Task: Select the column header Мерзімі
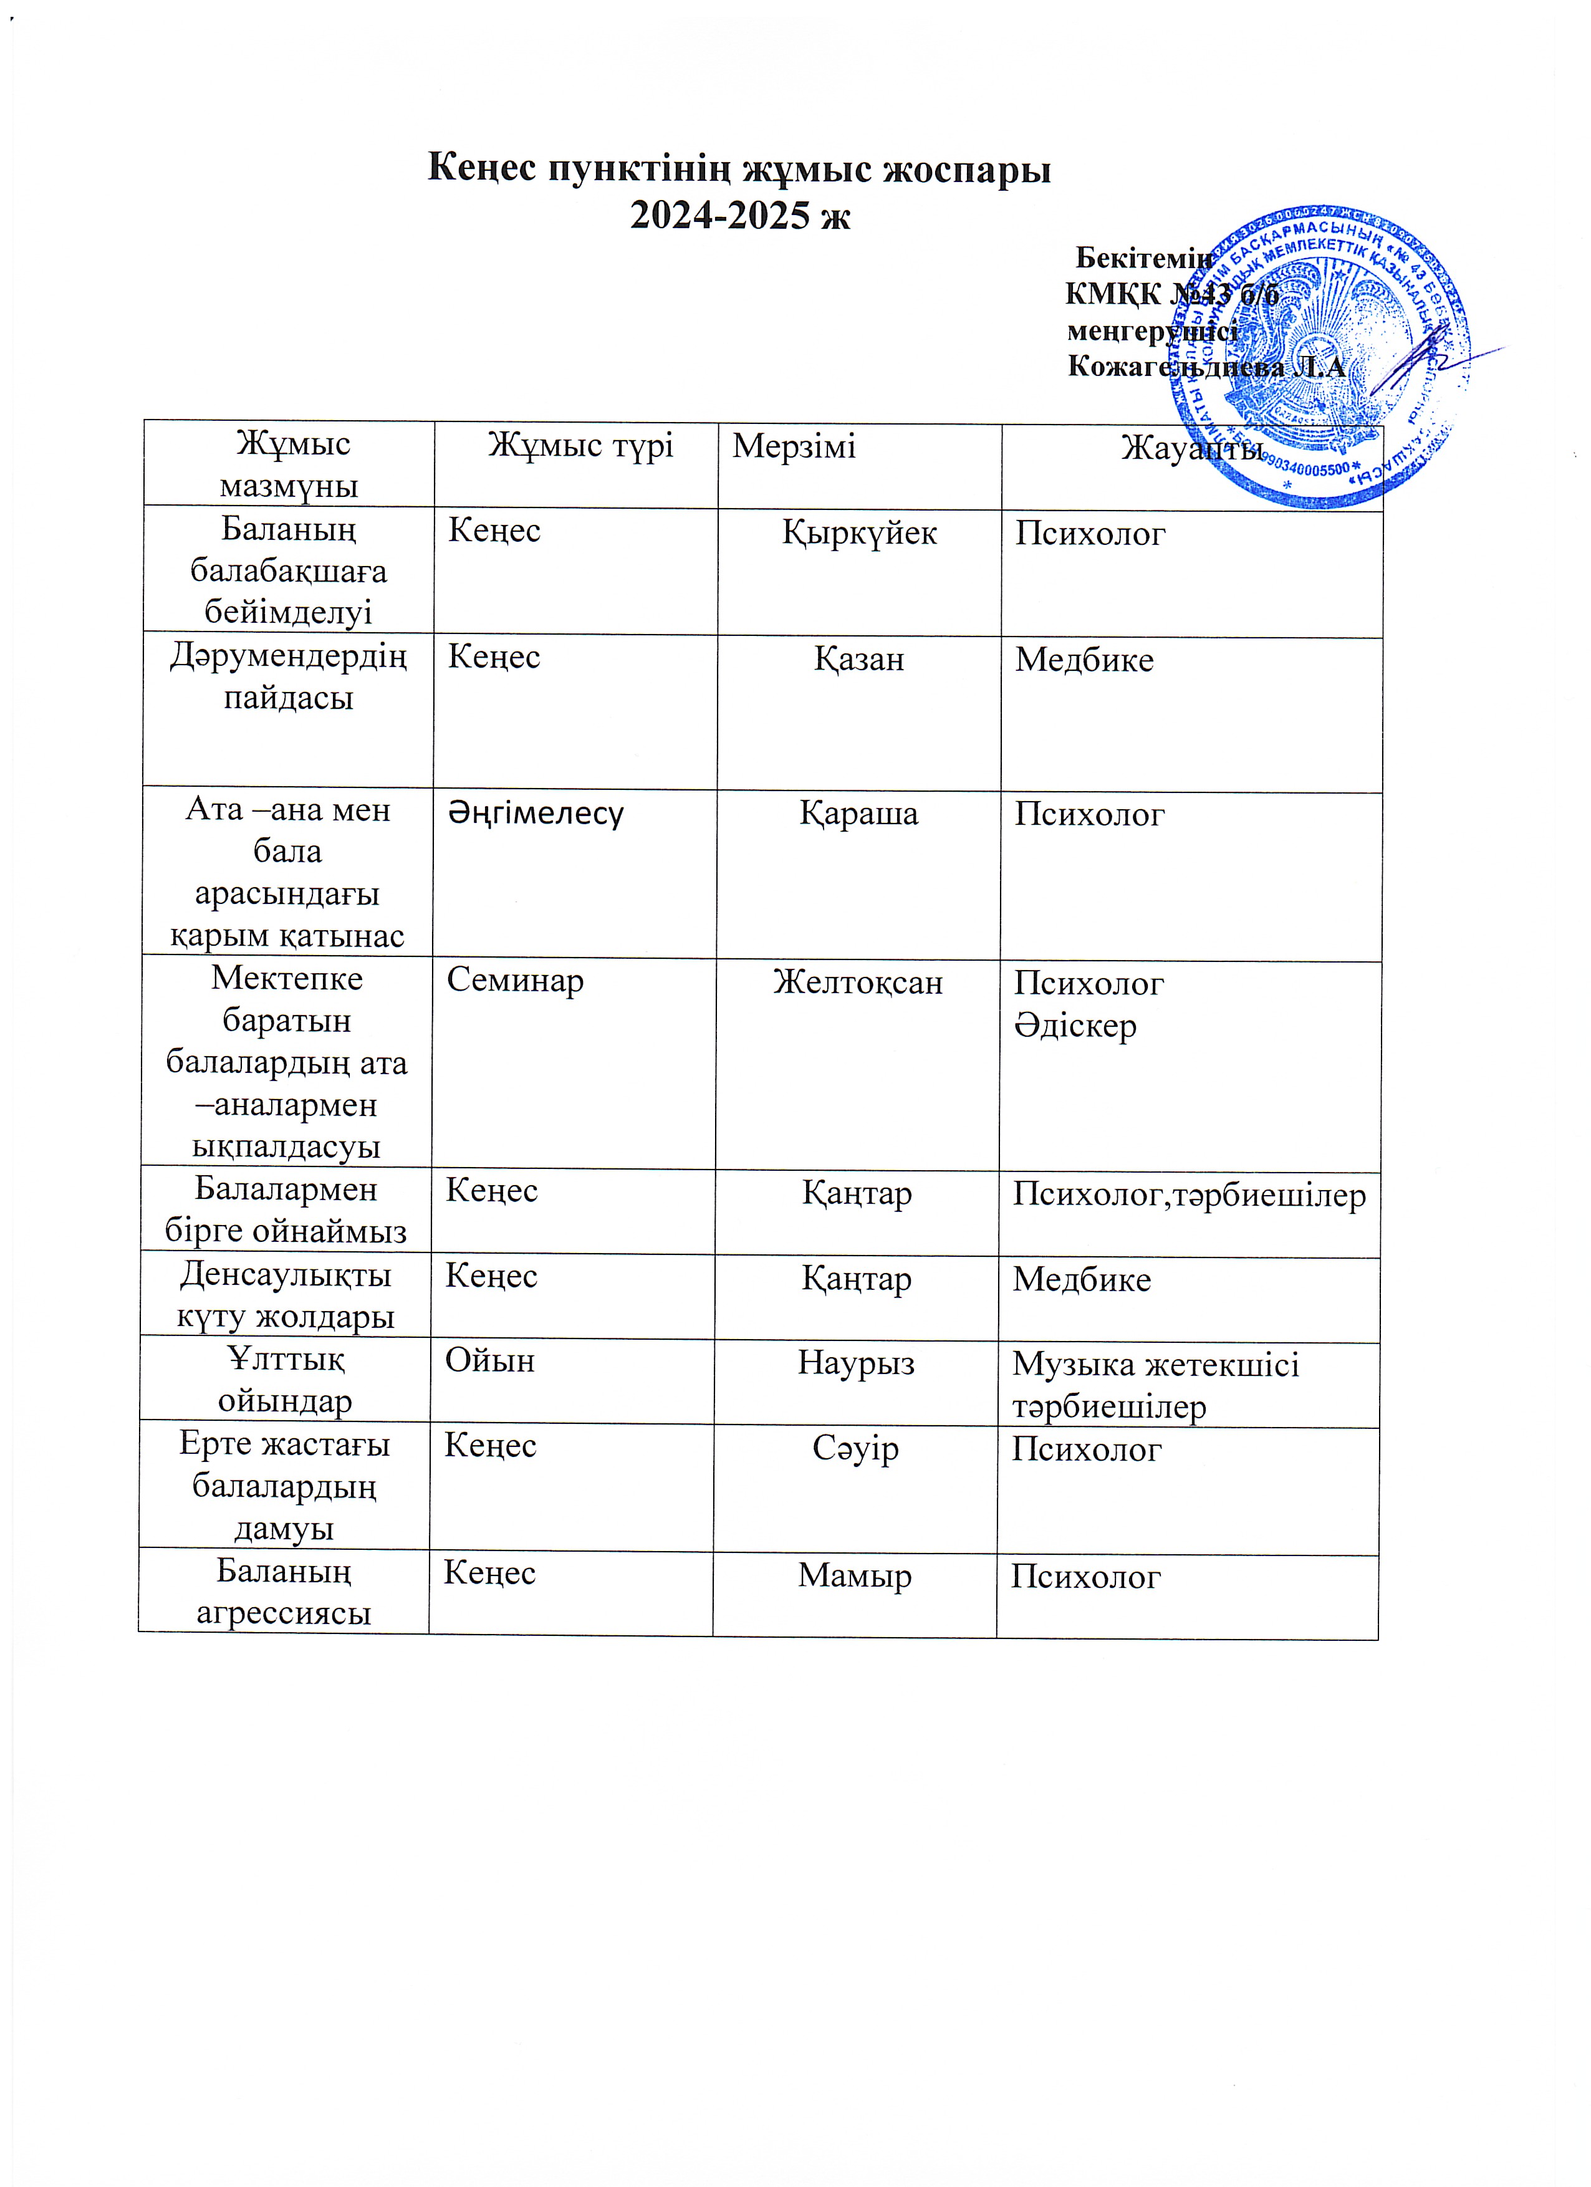[x=794, y=446]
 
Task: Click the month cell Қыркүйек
[x=859, y=532]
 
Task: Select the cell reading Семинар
[x=515, y=981]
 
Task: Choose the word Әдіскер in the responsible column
[x=1075, y=1026]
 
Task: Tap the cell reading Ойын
[x=490, y=1360]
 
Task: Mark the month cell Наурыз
[x=856, y=1363]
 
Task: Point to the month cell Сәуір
[x=855, y=1448]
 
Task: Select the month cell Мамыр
[x=854, y=1575]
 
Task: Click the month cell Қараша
[x=858, y=813]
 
